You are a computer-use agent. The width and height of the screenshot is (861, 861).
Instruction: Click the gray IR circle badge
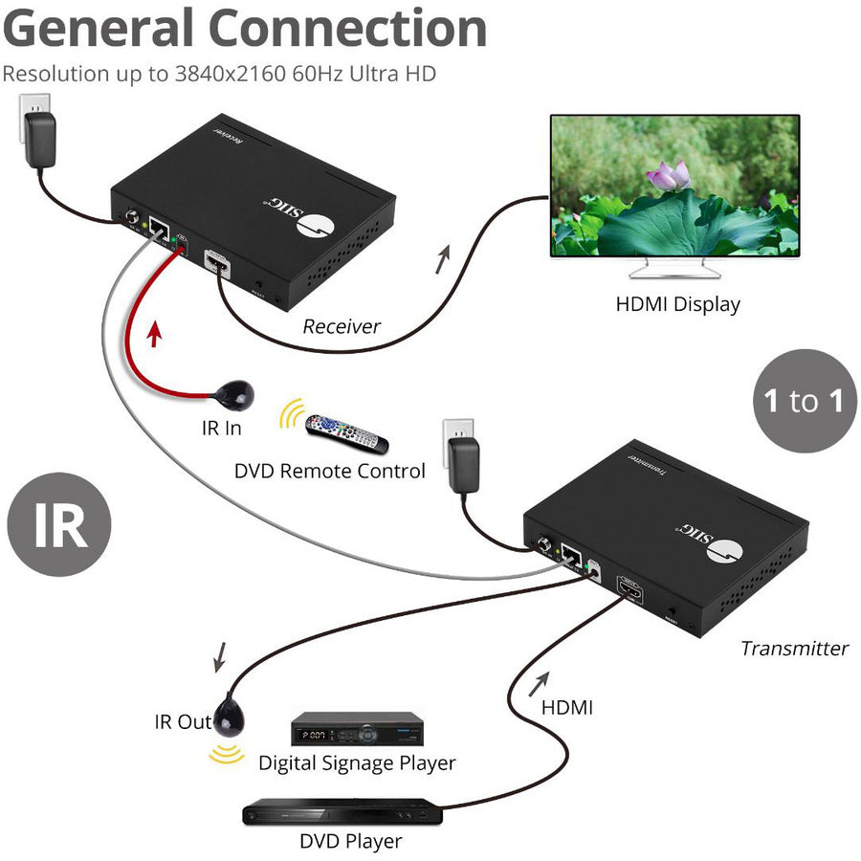pos(59,525)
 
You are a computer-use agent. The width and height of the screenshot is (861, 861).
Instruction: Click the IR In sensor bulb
pos(236,392)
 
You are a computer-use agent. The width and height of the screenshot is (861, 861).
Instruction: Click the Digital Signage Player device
pos(357,729)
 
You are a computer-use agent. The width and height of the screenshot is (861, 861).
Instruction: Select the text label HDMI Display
pos(677,304)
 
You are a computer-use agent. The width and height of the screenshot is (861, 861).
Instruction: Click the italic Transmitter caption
pos(794,648)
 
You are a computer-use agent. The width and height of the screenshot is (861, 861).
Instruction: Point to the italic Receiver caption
pos(342,326)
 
